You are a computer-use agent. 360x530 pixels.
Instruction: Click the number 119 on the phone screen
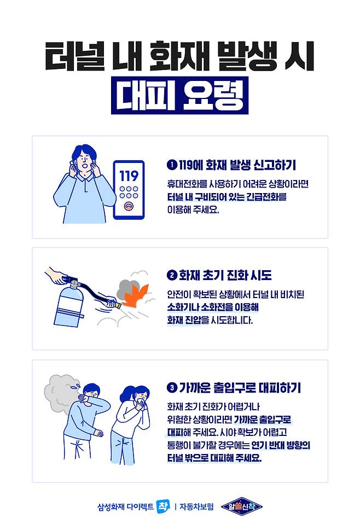point(129,176)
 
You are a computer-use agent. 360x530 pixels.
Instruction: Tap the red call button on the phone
point(129,206)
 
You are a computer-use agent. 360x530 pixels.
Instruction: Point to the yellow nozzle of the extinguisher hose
point(117,305)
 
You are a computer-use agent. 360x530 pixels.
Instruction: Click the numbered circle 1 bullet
point(172,165)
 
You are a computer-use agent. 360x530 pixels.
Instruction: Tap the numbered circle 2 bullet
point(172,275)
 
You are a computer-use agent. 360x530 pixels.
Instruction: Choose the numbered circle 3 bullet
point(172,387)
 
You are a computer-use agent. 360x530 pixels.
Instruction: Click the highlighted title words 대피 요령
point(180,96)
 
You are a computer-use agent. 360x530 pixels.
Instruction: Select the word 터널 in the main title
point(74,56)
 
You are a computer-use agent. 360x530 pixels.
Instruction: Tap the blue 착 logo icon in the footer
point(164,506)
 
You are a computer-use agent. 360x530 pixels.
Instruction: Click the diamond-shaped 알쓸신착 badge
point(242,506)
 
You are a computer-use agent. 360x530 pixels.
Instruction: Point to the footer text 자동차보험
point(196,506)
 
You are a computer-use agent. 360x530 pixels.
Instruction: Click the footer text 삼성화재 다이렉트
point(125,506)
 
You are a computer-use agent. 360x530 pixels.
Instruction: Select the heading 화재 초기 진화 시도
point(225,275)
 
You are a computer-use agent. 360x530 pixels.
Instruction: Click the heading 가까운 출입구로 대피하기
point(240,387)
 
